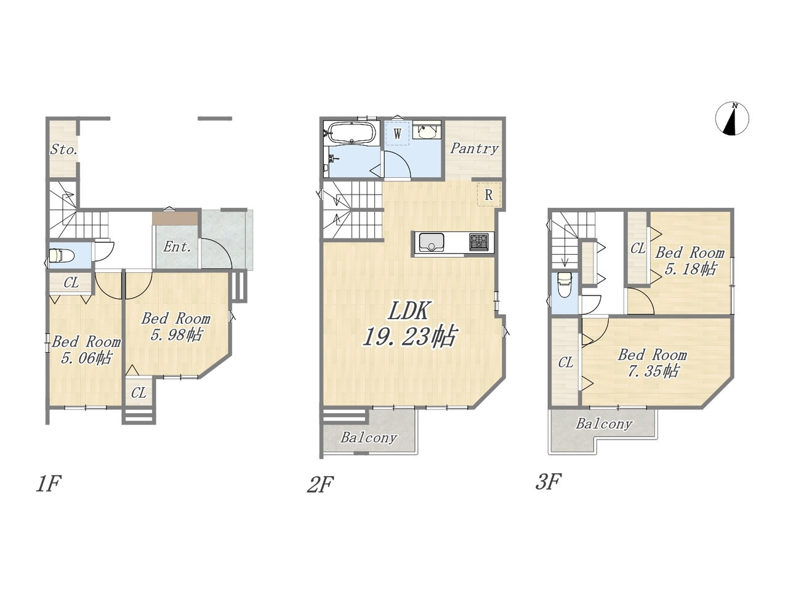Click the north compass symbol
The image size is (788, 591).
tap(731, 119)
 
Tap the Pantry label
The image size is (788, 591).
tap(474, 148)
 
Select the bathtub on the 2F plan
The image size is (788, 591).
tap(352, 132)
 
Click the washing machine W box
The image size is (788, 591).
tap(397, 134)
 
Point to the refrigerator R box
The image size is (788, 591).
tap(489, 195)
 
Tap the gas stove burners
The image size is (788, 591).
tap(478, 242)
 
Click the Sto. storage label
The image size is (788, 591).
tap(63, 150)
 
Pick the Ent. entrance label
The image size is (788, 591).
tap(176, 247)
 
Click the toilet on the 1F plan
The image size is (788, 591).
tap(61, 255)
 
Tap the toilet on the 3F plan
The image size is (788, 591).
tap(565, 284)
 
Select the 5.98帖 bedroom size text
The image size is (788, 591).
tap(177, 335)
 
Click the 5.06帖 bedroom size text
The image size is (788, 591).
tap(87, 358)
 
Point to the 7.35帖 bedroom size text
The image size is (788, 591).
tap(653, 371)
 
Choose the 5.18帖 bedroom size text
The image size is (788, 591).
tap(690, 269)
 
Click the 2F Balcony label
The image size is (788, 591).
tap(368, 438)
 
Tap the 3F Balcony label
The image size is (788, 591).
tap(604, 424)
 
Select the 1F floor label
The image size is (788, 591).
tap(49, 483)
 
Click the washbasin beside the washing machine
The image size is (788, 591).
tap(427, 132)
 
